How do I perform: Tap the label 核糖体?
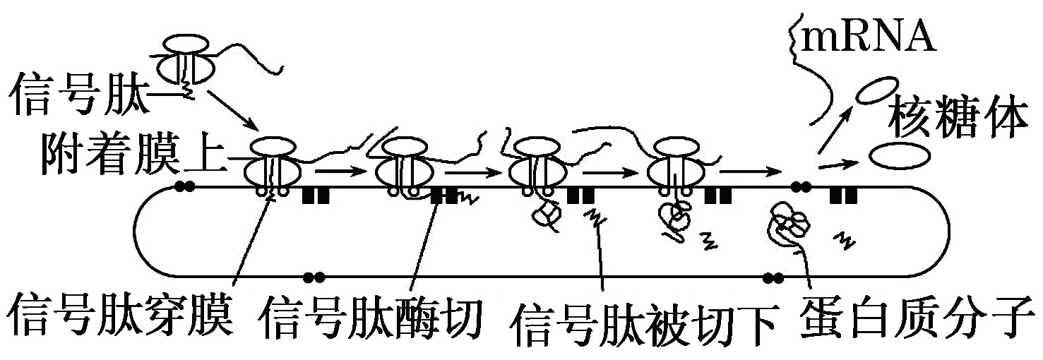pyautogui.click(x=958, y=121)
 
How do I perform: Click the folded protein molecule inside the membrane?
pyautogui.click(x=791, y=222)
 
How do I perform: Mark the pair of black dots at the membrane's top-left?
pyautogui.click(x=186, y=187)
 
